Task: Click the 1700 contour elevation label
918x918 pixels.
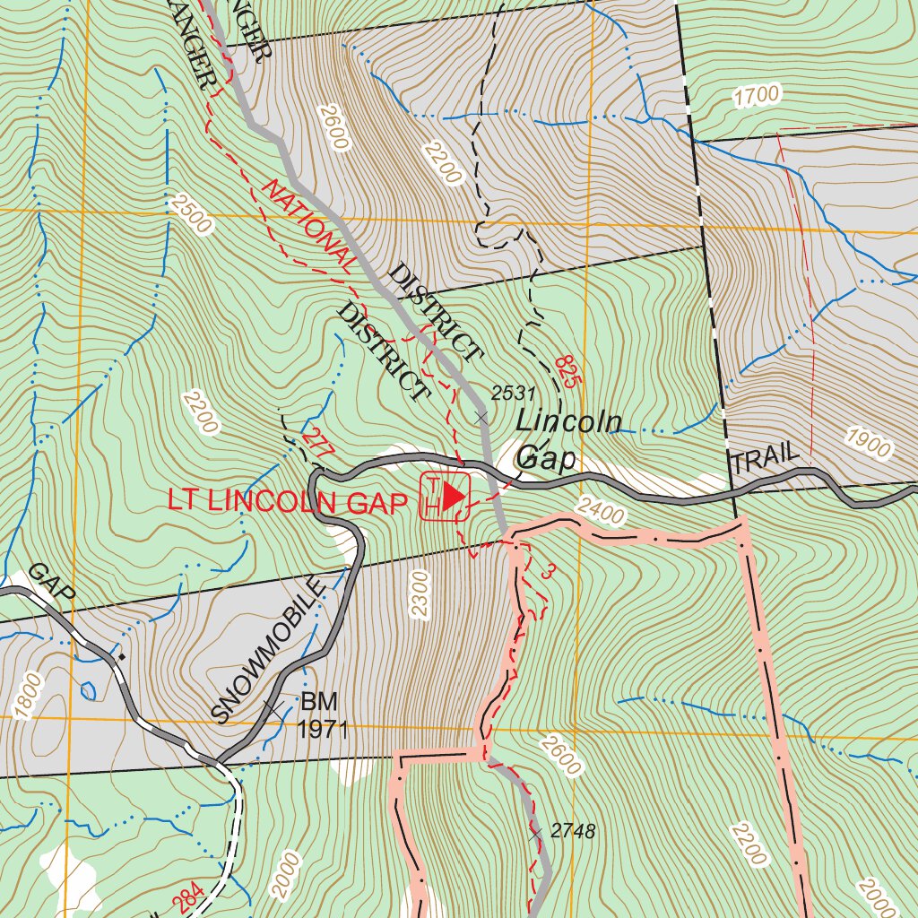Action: click(x=756, y=95)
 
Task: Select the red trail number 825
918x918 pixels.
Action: click(x=567, y=370)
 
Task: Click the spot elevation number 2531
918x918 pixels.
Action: click(x=513, y=393)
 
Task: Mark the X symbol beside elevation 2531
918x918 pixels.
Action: click(x=482, y=418)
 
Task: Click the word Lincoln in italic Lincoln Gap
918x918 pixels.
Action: click(x=568, y=421)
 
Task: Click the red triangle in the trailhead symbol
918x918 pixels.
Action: click(x=455, y=495)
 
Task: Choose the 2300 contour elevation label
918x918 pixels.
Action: click(x=420, y=593)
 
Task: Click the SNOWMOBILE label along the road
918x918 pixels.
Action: click(x=267, y=649)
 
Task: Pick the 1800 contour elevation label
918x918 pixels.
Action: click(x=29, y=697)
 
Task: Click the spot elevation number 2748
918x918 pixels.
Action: click(x=573, y=831)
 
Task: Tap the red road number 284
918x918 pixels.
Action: click(x=189, y=899)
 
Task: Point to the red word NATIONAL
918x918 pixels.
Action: click(x=307, y=225)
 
